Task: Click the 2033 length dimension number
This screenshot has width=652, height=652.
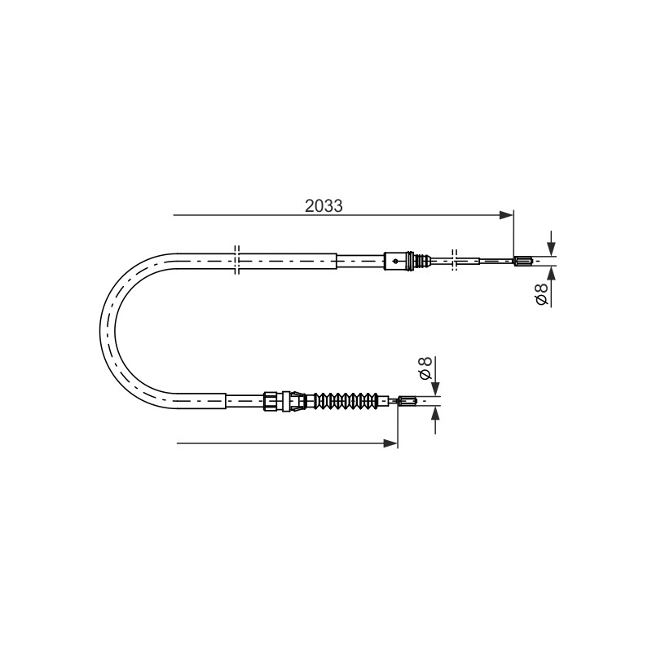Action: pos(324,206)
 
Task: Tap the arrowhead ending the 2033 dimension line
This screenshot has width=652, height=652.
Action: pos(506,215)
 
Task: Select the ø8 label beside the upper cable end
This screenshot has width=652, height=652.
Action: pos(541,294)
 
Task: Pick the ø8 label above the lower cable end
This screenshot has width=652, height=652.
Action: pos(425,368)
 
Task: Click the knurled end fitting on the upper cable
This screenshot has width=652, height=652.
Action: pos(523,262)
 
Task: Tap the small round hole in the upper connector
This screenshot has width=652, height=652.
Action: pos(395,261)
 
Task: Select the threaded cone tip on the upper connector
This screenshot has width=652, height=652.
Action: pos(423,261)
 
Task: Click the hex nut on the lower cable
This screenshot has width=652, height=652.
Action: pos(271,401)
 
